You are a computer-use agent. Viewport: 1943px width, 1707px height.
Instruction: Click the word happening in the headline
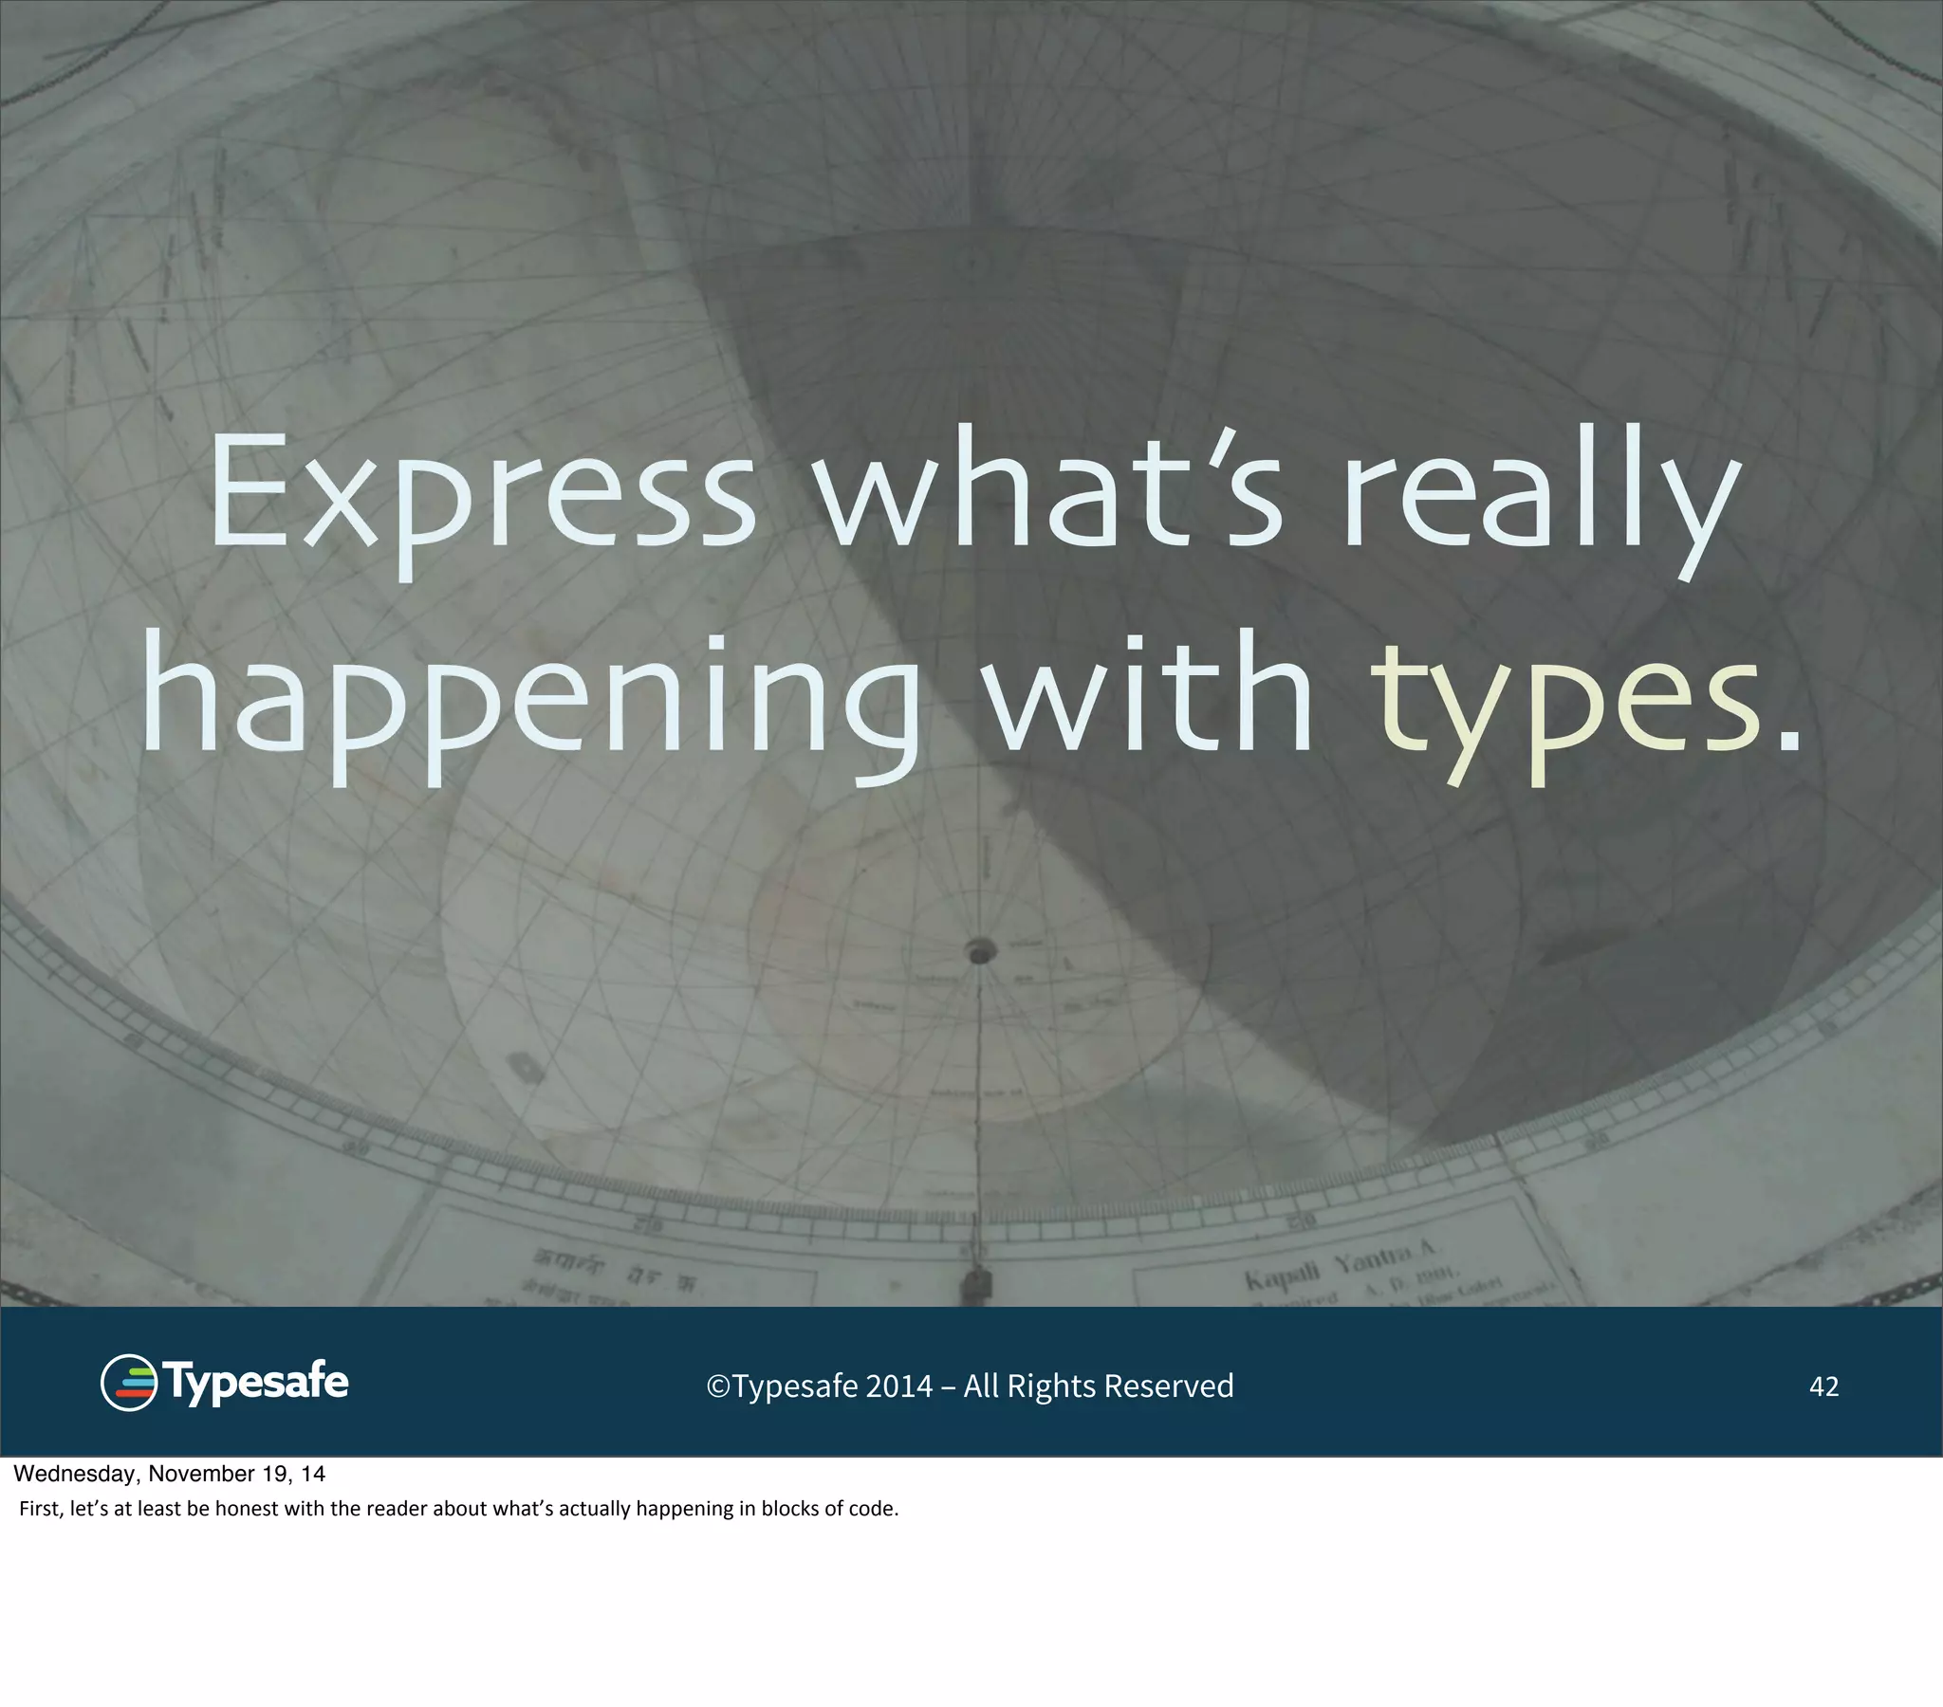coord(532,704)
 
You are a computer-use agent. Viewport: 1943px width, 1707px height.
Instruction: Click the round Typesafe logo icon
coord(128,1383)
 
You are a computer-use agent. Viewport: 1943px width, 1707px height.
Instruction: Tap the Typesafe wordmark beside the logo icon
coord(257,1383)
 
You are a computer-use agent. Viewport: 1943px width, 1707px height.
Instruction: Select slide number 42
coord(1823,1386)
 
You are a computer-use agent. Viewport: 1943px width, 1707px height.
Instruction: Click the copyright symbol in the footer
coord(717,1386)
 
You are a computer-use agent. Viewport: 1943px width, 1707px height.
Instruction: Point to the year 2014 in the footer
coord(898,1386)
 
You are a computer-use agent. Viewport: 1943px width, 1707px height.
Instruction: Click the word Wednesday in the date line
coord(77,1474)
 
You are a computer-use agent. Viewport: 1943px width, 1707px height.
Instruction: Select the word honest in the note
coord(247,1509)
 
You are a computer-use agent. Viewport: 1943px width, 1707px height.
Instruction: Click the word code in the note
coord(875,1509)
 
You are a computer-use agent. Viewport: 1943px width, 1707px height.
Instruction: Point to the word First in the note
coord(39,1509)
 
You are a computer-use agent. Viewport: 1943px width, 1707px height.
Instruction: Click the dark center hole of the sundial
coord(980,949)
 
